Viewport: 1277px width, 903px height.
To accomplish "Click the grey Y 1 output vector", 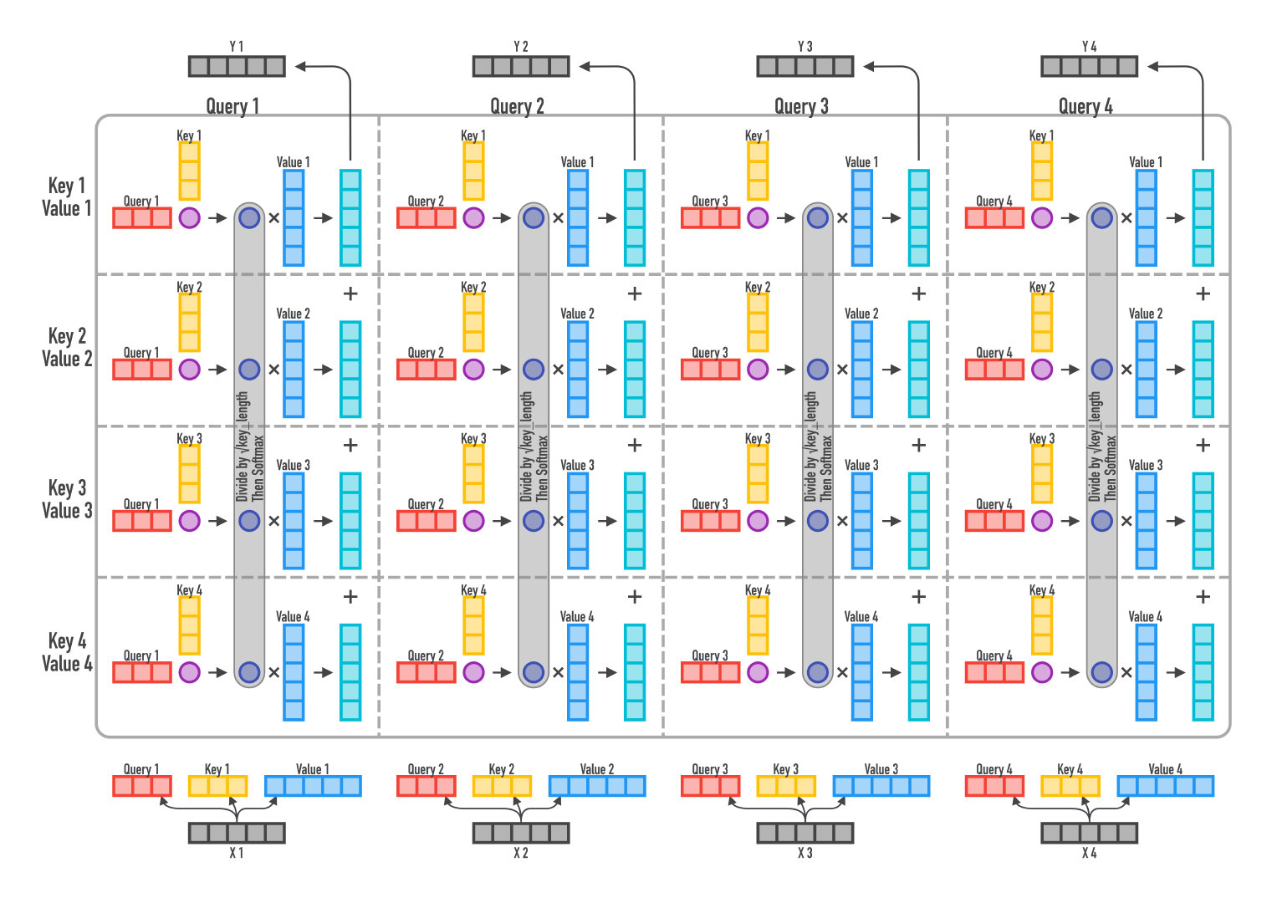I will point(237,66).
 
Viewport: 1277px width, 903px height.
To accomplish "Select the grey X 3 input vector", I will point(805,833).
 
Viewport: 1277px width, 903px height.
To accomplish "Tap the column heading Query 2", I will point(517,106).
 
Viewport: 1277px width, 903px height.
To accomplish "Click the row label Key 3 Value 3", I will point(67,499).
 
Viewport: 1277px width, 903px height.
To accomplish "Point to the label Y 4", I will point(1089,47).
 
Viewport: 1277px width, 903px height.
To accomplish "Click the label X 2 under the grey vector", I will point(521,853).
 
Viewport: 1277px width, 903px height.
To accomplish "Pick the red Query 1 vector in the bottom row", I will point(142,786).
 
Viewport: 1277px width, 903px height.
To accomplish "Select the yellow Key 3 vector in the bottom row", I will point(786,786).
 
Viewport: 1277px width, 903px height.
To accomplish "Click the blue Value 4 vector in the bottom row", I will point(1165,786).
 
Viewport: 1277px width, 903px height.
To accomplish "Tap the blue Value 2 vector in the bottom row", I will point(597,786).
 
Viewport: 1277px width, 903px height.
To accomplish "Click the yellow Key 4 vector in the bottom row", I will point(1070,786).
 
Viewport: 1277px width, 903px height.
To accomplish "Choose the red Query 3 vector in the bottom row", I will point(711,786).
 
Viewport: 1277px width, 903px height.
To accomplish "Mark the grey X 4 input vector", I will point(1089,833).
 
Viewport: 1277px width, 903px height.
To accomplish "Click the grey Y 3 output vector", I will point(805,66).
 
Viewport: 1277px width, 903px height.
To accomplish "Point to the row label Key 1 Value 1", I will point(67,196).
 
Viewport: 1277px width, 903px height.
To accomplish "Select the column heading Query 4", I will point(1085,106).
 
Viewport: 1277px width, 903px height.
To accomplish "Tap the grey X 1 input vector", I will point(237,833).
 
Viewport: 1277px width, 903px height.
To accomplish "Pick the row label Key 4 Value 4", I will point(67,652).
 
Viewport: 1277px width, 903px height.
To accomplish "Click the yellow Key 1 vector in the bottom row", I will point(218,786).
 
